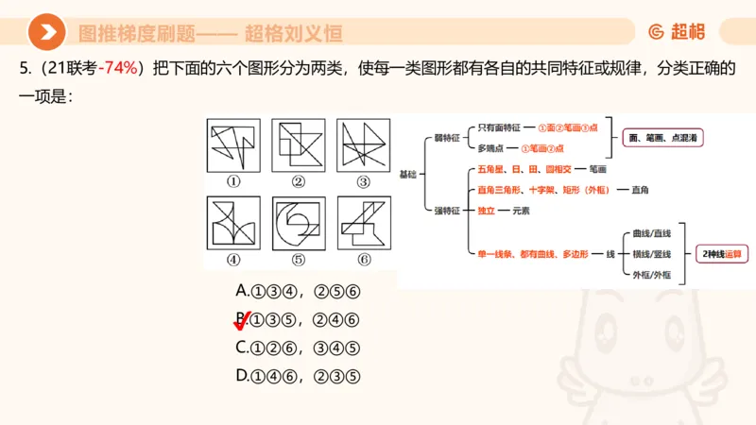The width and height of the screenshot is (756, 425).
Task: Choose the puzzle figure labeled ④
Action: coord(232,223)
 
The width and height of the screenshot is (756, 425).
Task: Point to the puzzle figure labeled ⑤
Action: coord(298,223)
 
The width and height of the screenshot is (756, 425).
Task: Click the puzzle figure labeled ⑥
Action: coord(364,223)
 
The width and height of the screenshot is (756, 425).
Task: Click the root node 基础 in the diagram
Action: coord(407,174)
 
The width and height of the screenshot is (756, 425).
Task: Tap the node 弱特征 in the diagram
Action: coord(446,138)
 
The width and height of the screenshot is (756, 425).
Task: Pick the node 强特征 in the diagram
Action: coord(446,211)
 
